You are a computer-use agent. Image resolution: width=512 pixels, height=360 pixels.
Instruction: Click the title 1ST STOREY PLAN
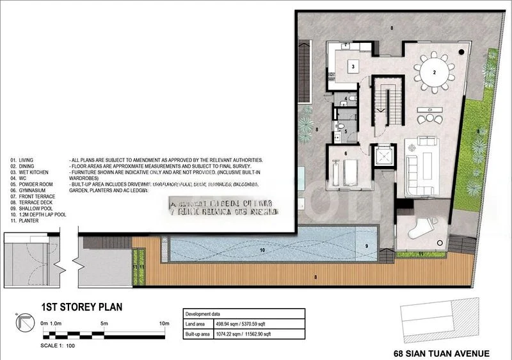point(81,307)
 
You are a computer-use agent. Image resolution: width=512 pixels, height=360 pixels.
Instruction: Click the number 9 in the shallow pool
point(367,246)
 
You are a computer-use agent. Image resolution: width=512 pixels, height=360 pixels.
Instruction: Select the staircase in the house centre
point(385,102)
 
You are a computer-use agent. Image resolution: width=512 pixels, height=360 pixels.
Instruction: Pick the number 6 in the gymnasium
point(345,154)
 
